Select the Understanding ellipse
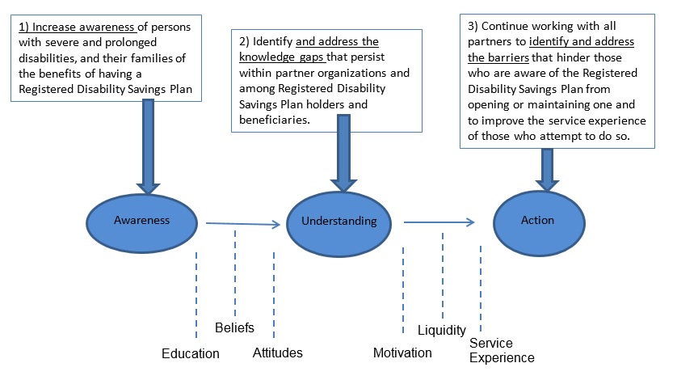[x=338, y=221]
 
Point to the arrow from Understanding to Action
[x=438, y=221]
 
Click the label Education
[x=190, y=353]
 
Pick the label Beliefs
[x=234, y=327]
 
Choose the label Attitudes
[x=278, y=353]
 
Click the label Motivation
[x=402, y=353]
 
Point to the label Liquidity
[x=442, y=330]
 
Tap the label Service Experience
[x=502, y=350]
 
